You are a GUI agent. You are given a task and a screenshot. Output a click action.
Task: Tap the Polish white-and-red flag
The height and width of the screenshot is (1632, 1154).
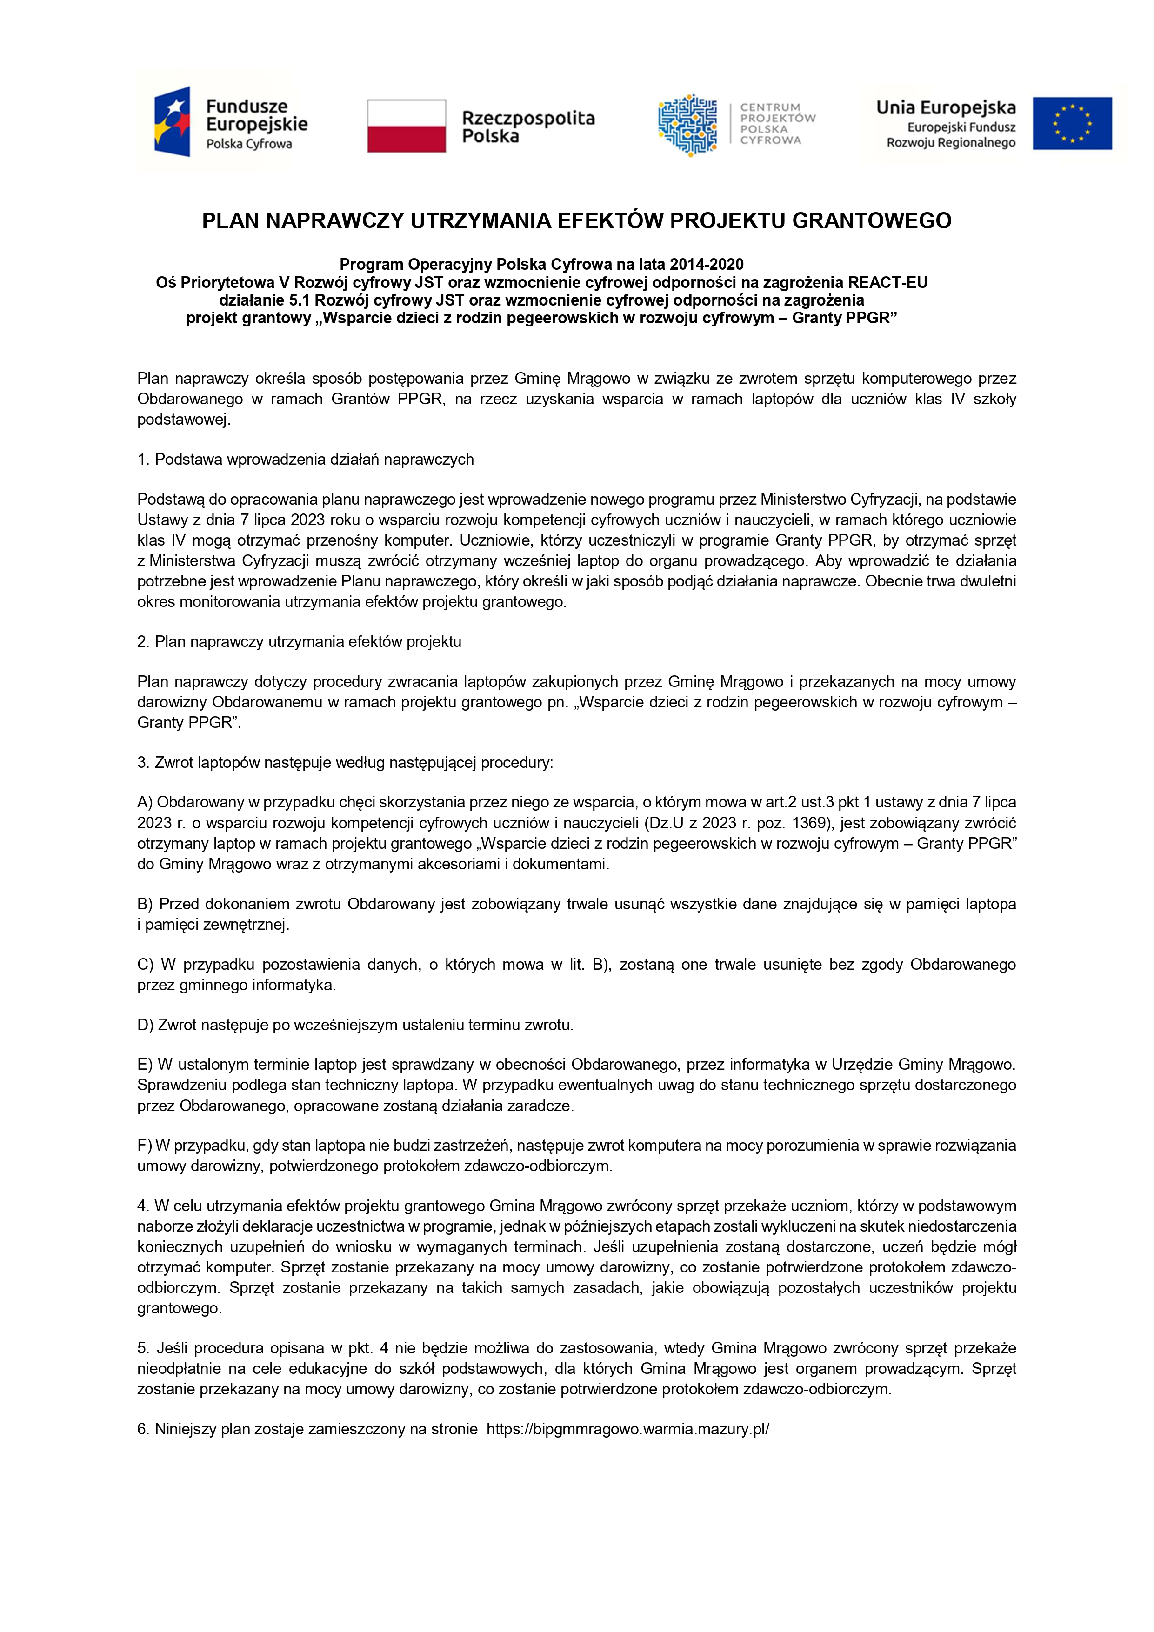(x=406, y=126)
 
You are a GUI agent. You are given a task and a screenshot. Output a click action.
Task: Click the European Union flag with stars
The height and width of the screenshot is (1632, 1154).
(x=1072, y=123)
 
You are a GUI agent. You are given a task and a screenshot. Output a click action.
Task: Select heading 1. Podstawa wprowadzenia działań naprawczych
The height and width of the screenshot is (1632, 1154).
(x=306, y=459)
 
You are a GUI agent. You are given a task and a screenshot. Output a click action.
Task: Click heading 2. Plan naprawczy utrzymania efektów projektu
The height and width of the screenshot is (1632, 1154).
(x=300, y=642)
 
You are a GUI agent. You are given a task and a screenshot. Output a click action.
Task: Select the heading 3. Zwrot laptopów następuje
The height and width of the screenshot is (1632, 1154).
(x=345, y=763)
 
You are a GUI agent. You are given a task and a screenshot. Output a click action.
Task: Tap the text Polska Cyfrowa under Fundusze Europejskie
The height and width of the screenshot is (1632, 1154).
(x=249, y=144)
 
